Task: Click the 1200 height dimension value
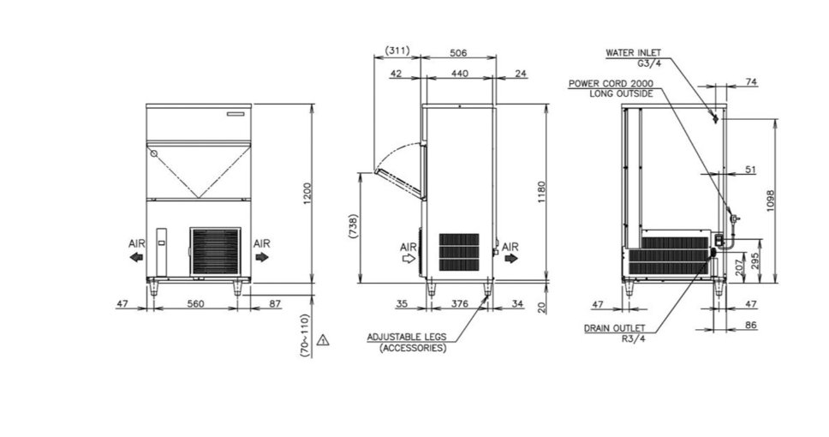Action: [x=307, y=195]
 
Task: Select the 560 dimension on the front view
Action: [x=195, y=303]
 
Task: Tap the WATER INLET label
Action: [x=633, y=53]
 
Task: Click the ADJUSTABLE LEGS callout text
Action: [x=407, y=337]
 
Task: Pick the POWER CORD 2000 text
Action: [x=611, y=84]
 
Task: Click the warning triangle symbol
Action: [x=323, y=340]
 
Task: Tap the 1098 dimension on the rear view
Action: [x=770, y=201]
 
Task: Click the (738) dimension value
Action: [x=354, y=226]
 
